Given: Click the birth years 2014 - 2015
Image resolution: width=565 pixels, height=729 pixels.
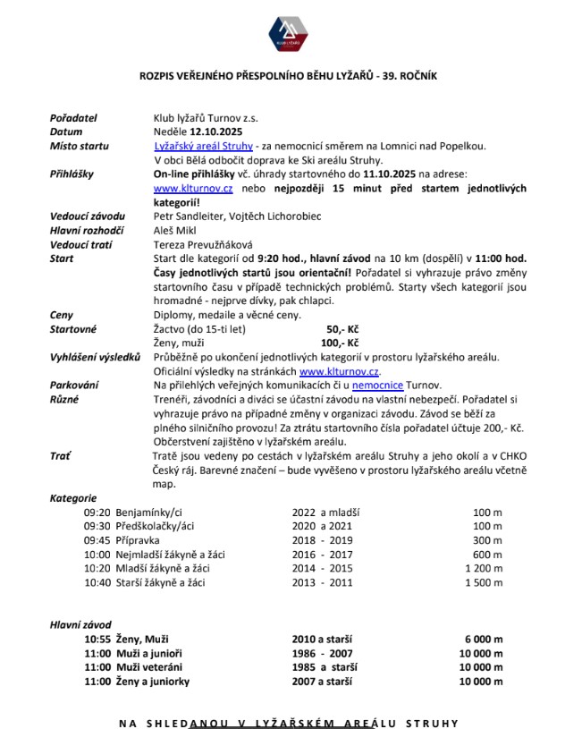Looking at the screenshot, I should click(323, 569).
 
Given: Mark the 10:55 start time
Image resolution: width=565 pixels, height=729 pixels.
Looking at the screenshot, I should click(98, 639).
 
